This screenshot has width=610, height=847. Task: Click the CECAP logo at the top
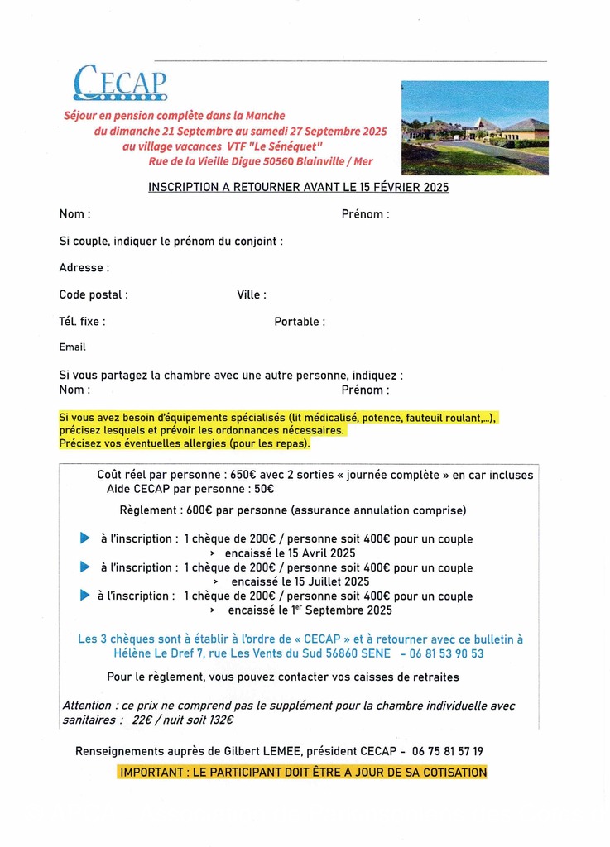[120, 84]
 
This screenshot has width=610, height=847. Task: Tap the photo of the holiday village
[474, 127]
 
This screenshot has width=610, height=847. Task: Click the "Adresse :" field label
[84, 268]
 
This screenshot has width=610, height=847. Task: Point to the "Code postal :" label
[94, 294]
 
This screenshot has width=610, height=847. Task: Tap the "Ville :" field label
[252, 294]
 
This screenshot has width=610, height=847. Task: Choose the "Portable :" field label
[300, 322]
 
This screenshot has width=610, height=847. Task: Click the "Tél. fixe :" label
[82, 322]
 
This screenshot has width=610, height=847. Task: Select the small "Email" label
[72, 347]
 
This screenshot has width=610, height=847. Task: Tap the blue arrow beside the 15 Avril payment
[84, 538]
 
